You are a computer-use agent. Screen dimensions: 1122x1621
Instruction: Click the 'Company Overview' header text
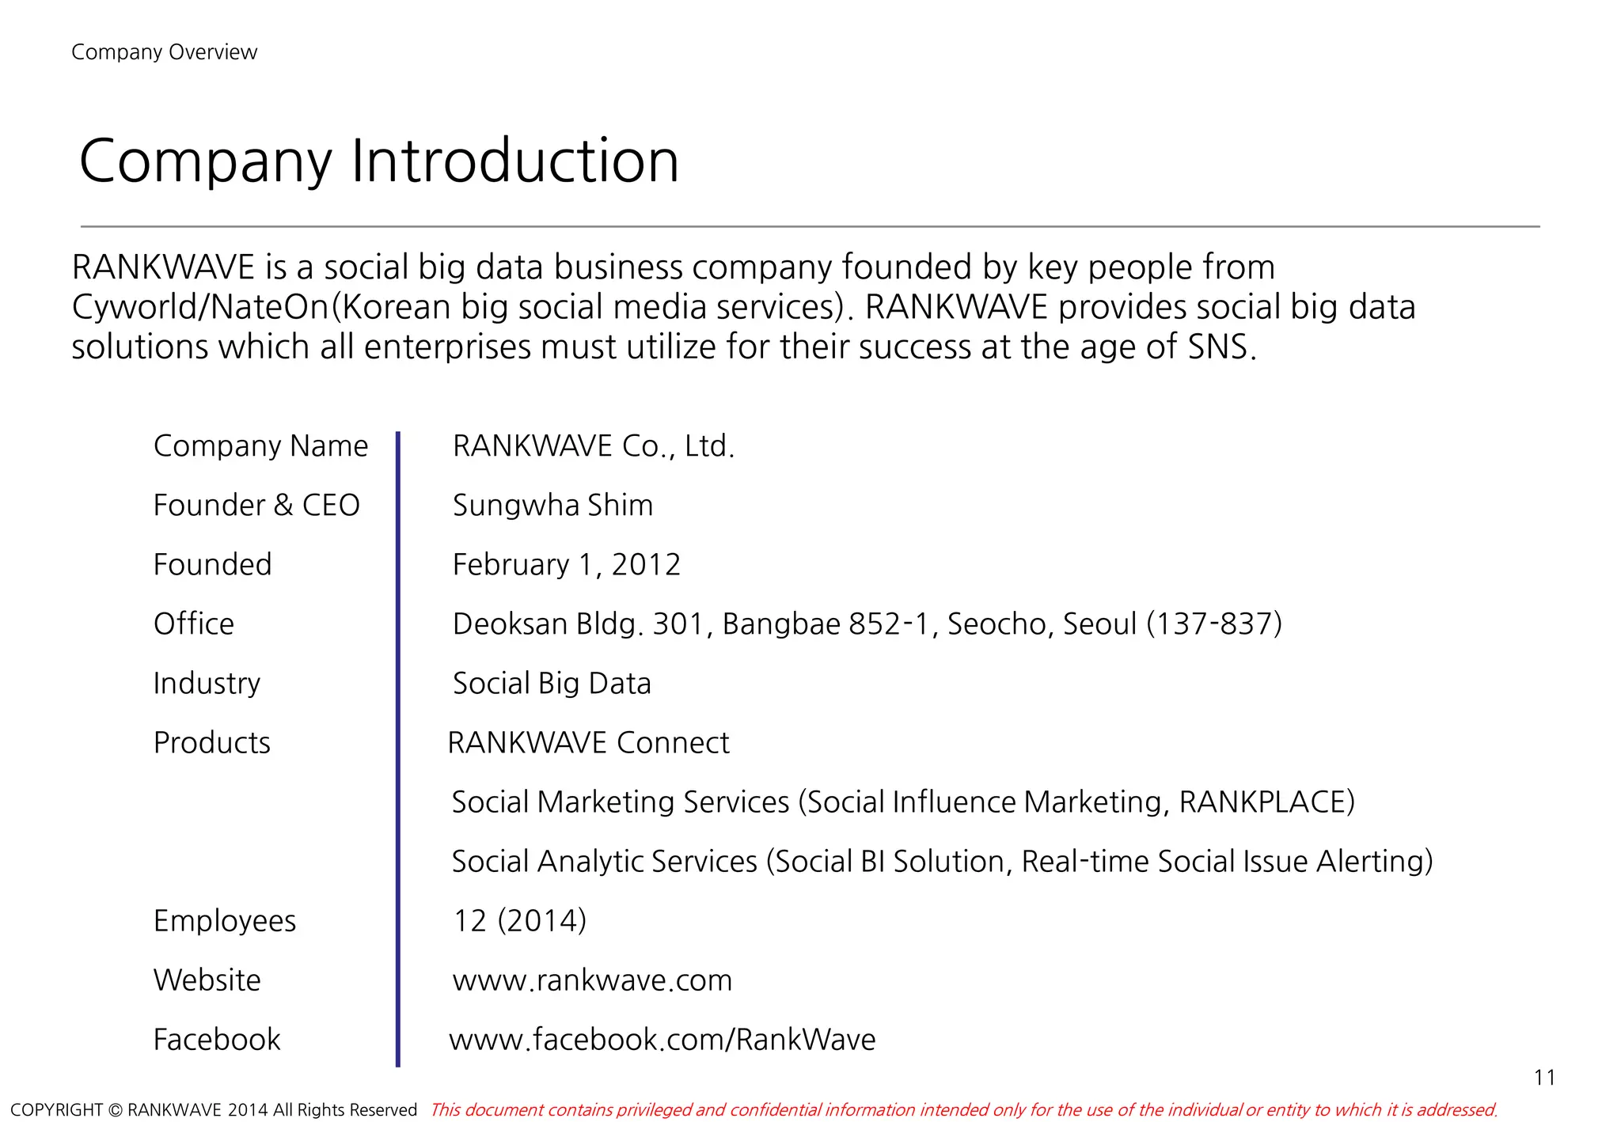tap(164, 52)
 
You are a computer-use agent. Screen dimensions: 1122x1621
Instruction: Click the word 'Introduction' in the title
tap(514, 161)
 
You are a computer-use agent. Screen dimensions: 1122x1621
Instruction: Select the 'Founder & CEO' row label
tap(256, 506)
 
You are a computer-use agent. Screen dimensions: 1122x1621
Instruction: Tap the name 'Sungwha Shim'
tap(552, 506)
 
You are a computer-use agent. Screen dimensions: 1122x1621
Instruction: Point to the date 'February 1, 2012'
tap(566, 565)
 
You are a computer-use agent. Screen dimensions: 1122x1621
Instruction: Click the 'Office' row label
tap(194, 624)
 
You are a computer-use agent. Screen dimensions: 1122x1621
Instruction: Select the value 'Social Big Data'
tap(552, 684)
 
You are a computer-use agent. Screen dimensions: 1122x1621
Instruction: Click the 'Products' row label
tap(212, 743)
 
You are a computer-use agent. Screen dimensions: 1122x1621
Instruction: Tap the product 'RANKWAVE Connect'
tap(588, 743)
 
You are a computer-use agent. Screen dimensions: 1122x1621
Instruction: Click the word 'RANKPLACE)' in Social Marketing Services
tap(1266, 802)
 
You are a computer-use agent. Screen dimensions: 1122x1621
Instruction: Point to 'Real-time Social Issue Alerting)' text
tap(1227, 862)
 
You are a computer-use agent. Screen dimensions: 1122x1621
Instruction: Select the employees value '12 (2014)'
tap(519, 921)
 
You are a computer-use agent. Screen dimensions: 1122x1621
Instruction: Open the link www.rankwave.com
tap(592, 980)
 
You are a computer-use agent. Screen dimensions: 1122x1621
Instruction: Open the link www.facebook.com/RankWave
tap(662, 1040)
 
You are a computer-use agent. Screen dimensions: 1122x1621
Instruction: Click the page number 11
tap(1544, 1078)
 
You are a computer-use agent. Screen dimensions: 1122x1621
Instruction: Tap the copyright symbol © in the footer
tap(116, 1110)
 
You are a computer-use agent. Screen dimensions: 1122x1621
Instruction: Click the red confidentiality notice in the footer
tap(963, 1110)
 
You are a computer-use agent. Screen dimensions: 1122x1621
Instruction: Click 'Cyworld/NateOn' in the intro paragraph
tap(200, 307)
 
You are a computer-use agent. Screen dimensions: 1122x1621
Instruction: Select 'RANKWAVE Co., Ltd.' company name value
tap(594, 446)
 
